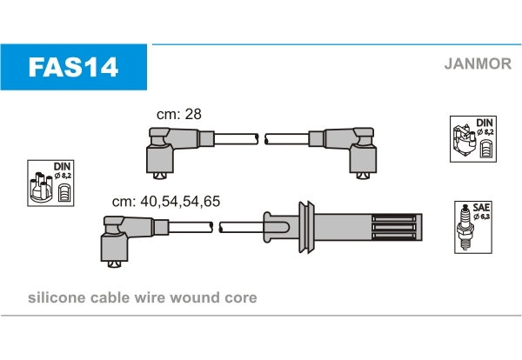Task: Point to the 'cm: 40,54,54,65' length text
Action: [166, 201]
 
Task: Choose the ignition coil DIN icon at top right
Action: [473, 138]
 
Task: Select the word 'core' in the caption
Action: [241, 297]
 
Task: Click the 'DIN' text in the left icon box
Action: [62, 165]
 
